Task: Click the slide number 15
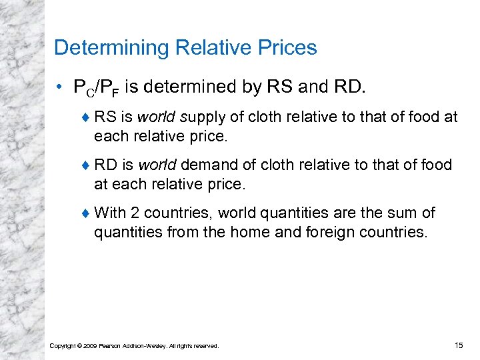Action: click(x=458, y=345)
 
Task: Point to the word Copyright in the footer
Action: click(x=63, y=346)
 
